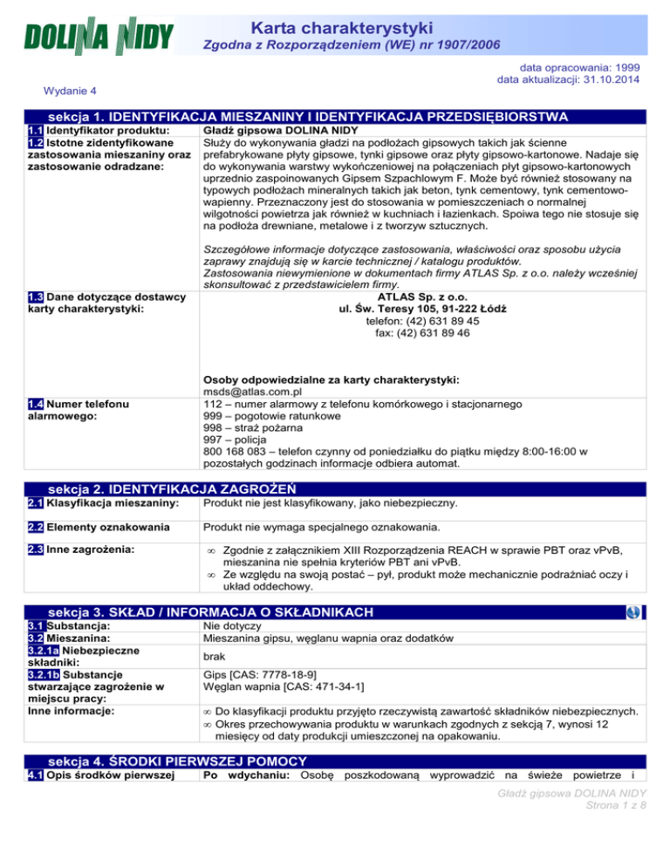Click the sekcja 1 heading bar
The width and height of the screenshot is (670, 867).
pyautogui.click(x=335, y=116)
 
